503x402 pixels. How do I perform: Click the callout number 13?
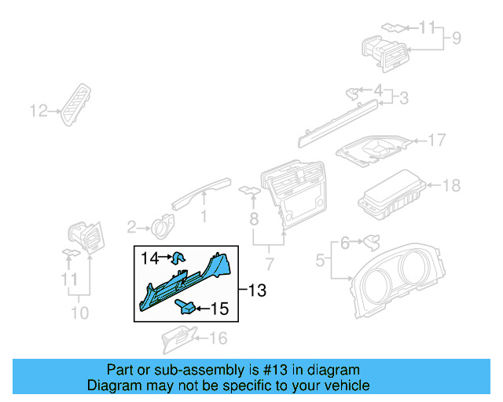[x=257, y=291]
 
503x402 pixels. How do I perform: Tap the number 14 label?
[x=149, y=257]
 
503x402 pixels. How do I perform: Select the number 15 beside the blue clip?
[x=219, y=309]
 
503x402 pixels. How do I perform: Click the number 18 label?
[x=451, y=185]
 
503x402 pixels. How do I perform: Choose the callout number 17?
[x=436, y=141]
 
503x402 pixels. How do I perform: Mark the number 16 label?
[x=218, y=338]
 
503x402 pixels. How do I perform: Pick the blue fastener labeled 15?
[x=187, y=306]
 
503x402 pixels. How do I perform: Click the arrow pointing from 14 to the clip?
[x=166, y=257]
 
